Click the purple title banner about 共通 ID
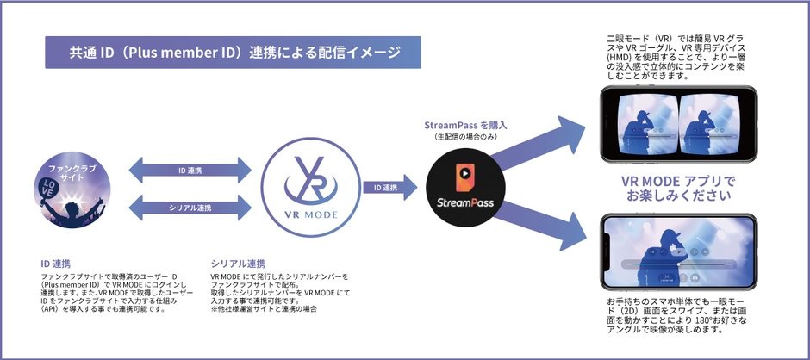pyautogui.click(x=234, y=53)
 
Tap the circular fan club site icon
pyautogui.click(x=71, y=186)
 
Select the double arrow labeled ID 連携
pyautogui.click(x=190, y=170)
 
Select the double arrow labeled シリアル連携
pyautogui.click(x=190, y=207)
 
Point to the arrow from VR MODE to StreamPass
pyautogui.click(x=384, y=187)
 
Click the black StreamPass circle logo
pyautogui.click(x=464, y=187)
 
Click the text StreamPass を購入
pyautogui.click(x=464, y=126)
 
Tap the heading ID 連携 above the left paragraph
pyautogui.click(x=55, y=263)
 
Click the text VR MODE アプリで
pyautogui.click(x=679, y=181)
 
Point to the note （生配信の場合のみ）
pyautogui.click(x=464, y=137)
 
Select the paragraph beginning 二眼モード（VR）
pyautogui.click(x=678, y=58)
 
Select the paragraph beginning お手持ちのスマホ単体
pyautogui.click(x=678, y=315)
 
